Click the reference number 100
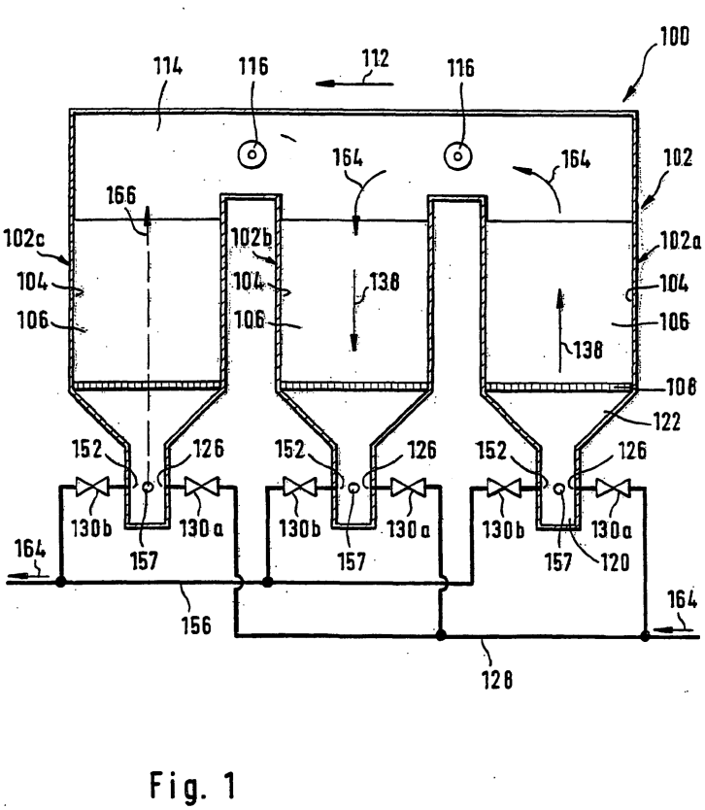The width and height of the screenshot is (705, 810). click(x=675, y=37)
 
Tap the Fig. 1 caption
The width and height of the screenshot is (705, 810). click(x=193, y=786)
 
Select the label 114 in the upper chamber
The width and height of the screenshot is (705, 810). click(x=168, y=67)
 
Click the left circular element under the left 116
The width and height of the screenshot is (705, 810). click(x=252, y=154)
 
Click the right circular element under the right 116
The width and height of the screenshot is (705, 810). click(x=458, y=155)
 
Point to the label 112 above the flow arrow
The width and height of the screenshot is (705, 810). click(x=375, y=58)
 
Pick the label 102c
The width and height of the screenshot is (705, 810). click(x=23, y=238)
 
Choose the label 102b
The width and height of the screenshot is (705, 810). click(x=251, y=237)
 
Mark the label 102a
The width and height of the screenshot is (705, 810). click(x=681, y=241)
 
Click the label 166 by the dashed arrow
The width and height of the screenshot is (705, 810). click(x=120, y=196)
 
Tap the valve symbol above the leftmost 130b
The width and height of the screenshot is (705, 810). click(x=92, y=487)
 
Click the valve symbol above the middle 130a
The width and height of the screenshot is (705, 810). click(x=408, y=488)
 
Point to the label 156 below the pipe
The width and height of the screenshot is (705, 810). click(x=196, y=625)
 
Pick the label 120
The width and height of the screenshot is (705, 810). click(x=615, y=562)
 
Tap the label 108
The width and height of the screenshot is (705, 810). click(x=682, y=387)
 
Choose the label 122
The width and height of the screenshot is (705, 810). click(x=667, y=422)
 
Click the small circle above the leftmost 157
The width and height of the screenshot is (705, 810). click(x=148, y=487)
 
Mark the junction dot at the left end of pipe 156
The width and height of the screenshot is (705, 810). click(x=60, y=582)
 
